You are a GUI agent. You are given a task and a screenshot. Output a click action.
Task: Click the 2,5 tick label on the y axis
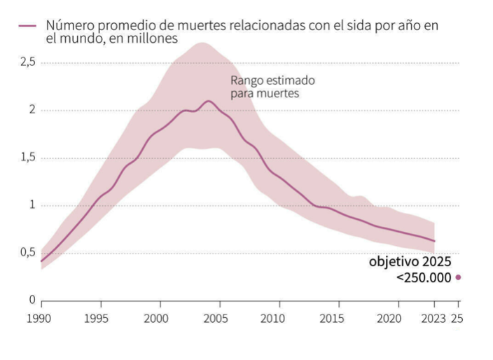pyautogui.click(x=27, y=62)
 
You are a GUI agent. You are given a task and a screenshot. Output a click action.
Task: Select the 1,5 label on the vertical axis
pyautogui.click(x=27, y=158)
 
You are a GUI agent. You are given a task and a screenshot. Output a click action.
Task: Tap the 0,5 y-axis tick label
pyautogui.click(x=27, y=253)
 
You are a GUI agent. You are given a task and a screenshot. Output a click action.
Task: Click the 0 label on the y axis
pyautogui.click(x=32, y=300)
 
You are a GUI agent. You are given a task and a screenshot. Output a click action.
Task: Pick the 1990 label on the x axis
pyautogui.click(x=41, y=317)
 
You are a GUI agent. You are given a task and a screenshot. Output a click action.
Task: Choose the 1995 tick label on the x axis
pyautogui.click(x=101, y=317)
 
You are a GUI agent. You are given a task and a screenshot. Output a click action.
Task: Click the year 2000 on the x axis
pyautogui.click(x=160, y=317)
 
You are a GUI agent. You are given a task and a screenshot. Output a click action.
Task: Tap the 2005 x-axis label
pyautogui.click(x=220, y=317)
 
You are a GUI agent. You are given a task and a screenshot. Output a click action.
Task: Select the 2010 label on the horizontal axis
pyautogui.click(x=279, y=317)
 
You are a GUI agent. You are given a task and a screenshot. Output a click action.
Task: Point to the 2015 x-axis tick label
pyautogui.click(x=339, y=317)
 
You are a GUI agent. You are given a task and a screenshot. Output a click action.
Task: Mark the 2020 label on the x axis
pyautogui.click(x=398, y=317)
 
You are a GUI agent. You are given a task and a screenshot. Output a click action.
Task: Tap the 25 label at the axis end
pyautogui.click(x=459, y=317)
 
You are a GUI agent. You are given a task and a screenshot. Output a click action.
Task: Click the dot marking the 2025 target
pyautogui.click(x=459, y=277)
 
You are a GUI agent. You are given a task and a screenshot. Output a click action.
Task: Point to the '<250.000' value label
pyautogui.click(x=423, y=277)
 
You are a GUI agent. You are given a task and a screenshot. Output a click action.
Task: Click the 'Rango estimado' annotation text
pyautogui.click(x=272, y=80)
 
